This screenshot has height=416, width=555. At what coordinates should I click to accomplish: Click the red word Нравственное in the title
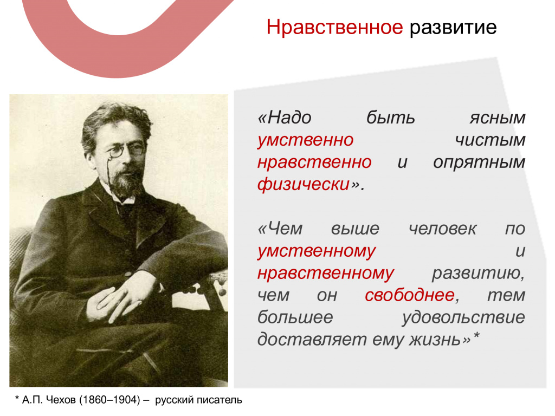tap(334, 27)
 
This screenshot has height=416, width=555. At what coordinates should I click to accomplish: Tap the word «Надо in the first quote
tap(285, 118)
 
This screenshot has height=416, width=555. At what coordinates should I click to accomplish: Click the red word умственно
tap(306, 140)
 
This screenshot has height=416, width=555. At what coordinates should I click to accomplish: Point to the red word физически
tap(304, 184)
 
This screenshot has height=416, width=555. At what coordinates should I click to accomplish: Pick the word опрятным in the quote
tap(479, 162)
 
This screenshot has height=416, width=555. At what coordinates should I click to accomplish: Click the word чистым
tap(490, 140)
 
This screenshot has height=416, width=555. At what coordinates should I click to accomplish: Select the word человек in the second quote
tap(442, 229)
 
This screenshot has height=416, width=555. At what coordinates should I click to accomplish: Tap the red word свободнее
tap(410, 295)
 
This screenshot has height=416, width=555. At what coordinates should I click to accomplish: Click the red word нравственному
tap(326, 274)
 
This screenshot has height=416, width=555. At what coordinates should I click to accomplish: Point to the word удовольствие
tap(463, 317)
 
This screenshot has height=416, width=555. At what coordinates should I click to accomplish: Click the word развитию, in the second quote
tap(478, 274)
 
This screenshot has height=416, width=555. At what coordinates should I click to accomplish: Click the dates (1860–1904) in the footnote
tap(109, 400)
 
